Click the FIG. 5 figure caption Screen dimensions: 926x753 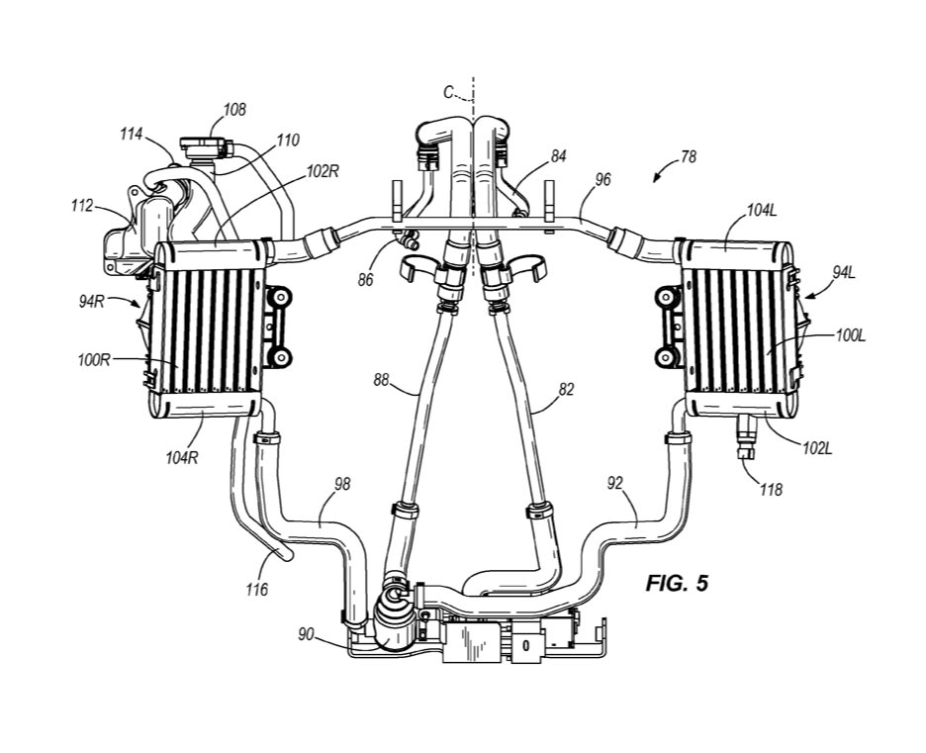[x=676, y=584]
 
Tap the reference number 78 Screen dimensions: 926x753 [x=688, y=156]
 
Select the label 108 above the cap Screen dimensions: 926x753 [x=234, y=110]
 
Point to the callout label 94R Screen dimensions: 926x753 [x=92, y=301]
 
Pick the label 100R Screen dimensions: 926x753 [x=94, y=359]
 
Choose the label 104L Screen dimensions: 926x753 [x=761, y=211]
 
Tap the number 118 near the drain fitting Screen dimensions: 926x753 [x=772, y=490]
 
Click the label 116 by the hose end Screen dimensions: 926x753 [x=257, y=589]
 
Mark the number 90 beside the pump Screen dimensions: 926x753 [x=306, y=635]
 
